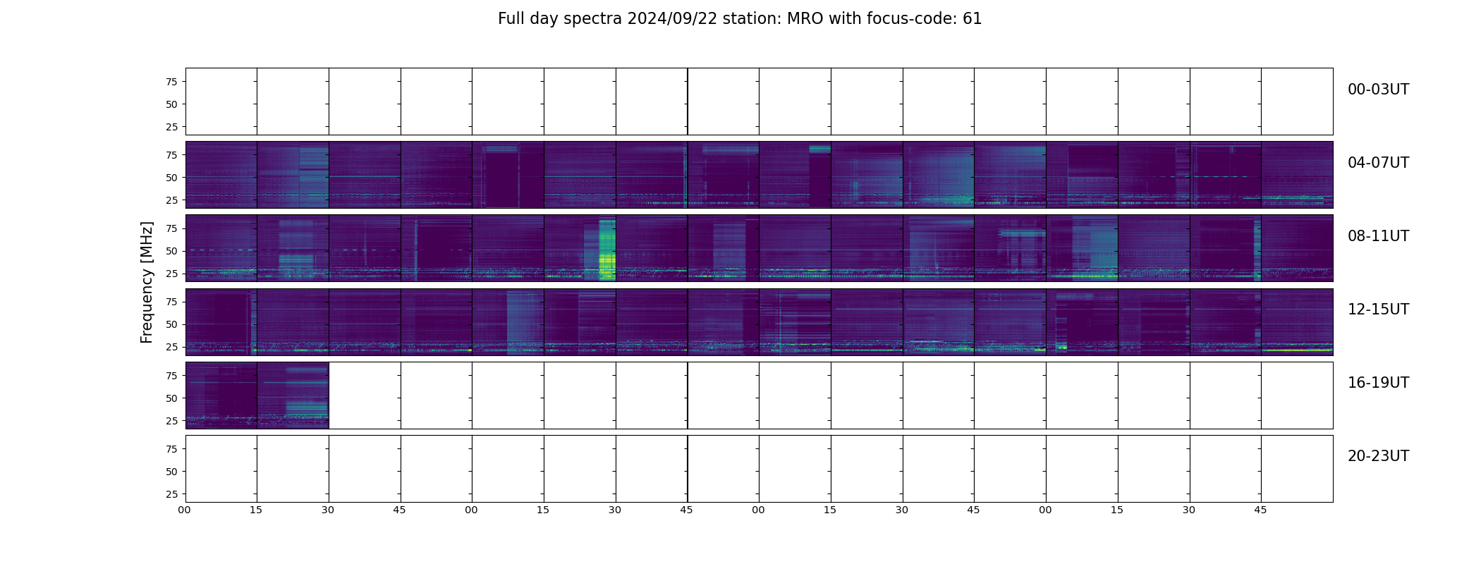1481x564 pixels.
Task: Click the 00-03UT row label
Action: [1378, 90]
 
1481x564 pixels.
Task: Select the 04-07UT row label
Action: [1378, 163]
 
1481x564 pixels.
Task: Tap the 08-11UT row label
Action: [1378, 236]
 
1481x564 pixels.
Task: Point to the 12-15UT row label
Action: [1378, 309]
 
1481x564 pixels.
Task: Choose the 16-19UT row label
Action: [1378, 383]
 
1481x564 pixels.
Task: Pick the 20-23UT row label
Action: [1378, 456]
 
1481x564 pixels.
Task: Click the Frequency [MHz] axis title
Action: [147, 283]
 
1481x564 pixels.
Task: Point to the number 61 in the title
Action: [972, 19]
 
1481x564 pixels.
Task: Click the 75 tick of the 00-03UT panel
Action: [171, 82]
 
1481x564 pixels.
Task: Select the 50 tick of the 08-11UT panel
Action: [171, 251]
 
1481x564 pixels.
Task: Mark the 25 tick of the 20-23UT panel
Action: [171, 494]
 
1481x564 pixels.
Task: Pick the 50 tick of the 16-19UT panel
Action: [171, 398]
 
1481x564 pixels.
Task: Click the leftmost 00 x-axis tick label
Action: [185, 510]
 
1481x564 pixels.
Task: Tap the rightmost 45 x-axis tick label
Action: [1260, 510]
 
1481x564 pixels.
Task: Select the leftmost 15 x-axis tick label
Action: [256, 510]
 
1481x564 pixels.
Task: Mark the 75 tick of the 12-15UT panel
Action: [171, 302]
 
